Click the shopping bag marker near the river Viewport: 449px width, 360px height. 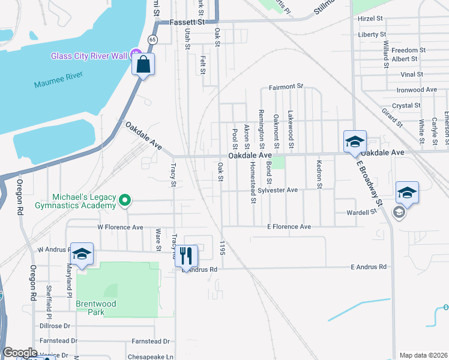coord(144,65)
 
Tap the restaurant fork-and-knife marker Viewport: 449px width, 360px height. coord(186,256)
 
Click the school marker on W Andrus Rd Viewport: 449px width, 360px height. coord(82,254)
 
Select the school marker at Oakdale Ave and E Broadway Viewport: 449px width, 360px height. coord(355,142)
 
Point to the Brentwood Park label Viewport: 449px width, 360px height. coord(96,304)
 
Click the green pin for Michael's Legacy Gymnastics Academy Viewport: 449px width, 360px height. coord(125,200)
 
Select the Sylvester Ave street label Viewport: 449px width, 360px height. coord(279,190)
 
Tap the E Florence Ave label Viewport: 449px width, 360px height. coord(289,227)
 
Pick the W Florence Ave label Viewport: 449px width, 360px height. coord(120,227)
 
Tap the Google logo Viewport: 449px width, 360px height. coord(20,353)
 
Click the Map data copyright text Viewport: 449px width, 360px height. coord(423,355)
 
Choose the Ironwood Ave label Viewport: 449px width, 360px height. coord(417,90)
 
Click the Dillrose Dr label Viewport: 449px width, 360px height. coord(55,326)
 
